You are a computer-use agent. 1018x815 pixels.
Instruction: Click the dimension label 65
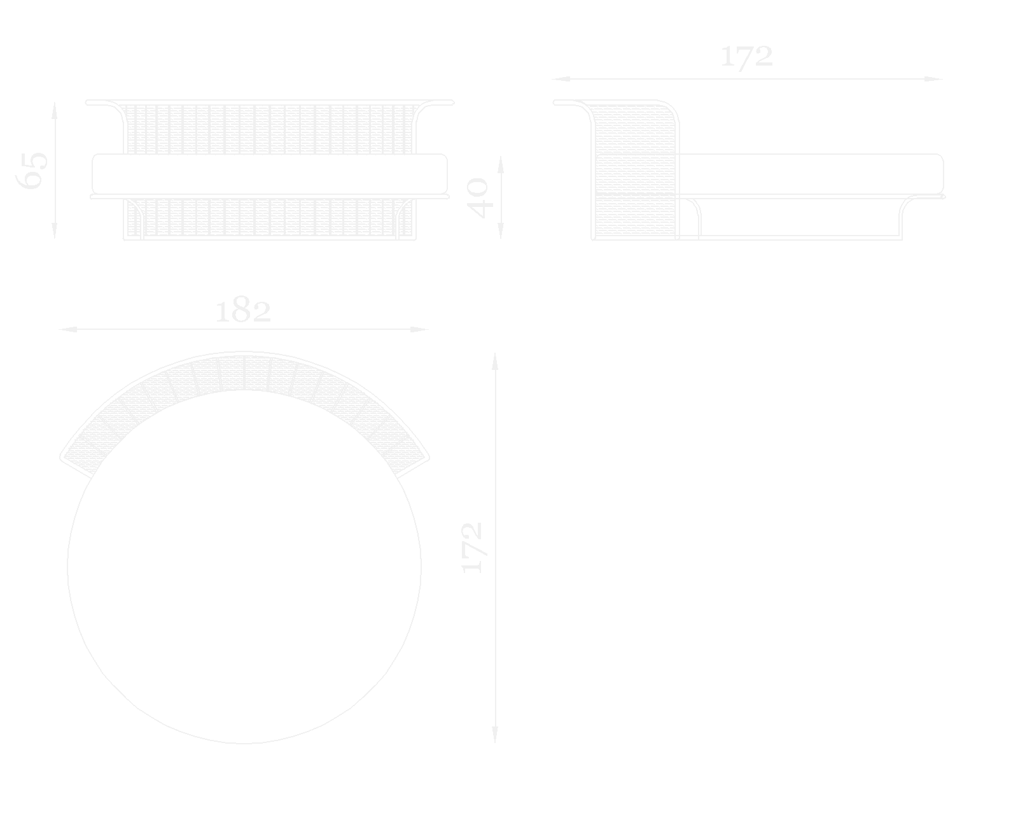(x=32, y=170)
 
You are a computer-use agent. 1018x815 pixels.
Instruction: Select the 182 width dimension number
(x=243, y=311)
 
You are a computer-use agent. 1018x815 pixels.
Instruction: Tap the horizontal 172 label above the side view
(x=746, y=57)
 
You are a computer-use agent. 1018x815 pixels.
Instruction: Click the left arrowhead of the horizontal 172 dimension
(x=561, y=79)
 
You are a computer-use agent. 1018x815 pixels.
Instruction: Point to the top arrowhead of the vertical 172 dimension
(x=494, y=360)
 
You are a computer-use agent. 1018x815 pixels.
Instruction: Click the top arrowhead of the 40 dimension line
(x=501, y=164)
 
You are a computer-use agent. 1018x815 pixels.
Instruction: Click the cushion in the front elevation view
(x=270, y=173)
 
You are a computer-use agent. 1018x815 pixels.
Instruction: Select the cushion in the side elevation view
(x=808, y=173)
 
